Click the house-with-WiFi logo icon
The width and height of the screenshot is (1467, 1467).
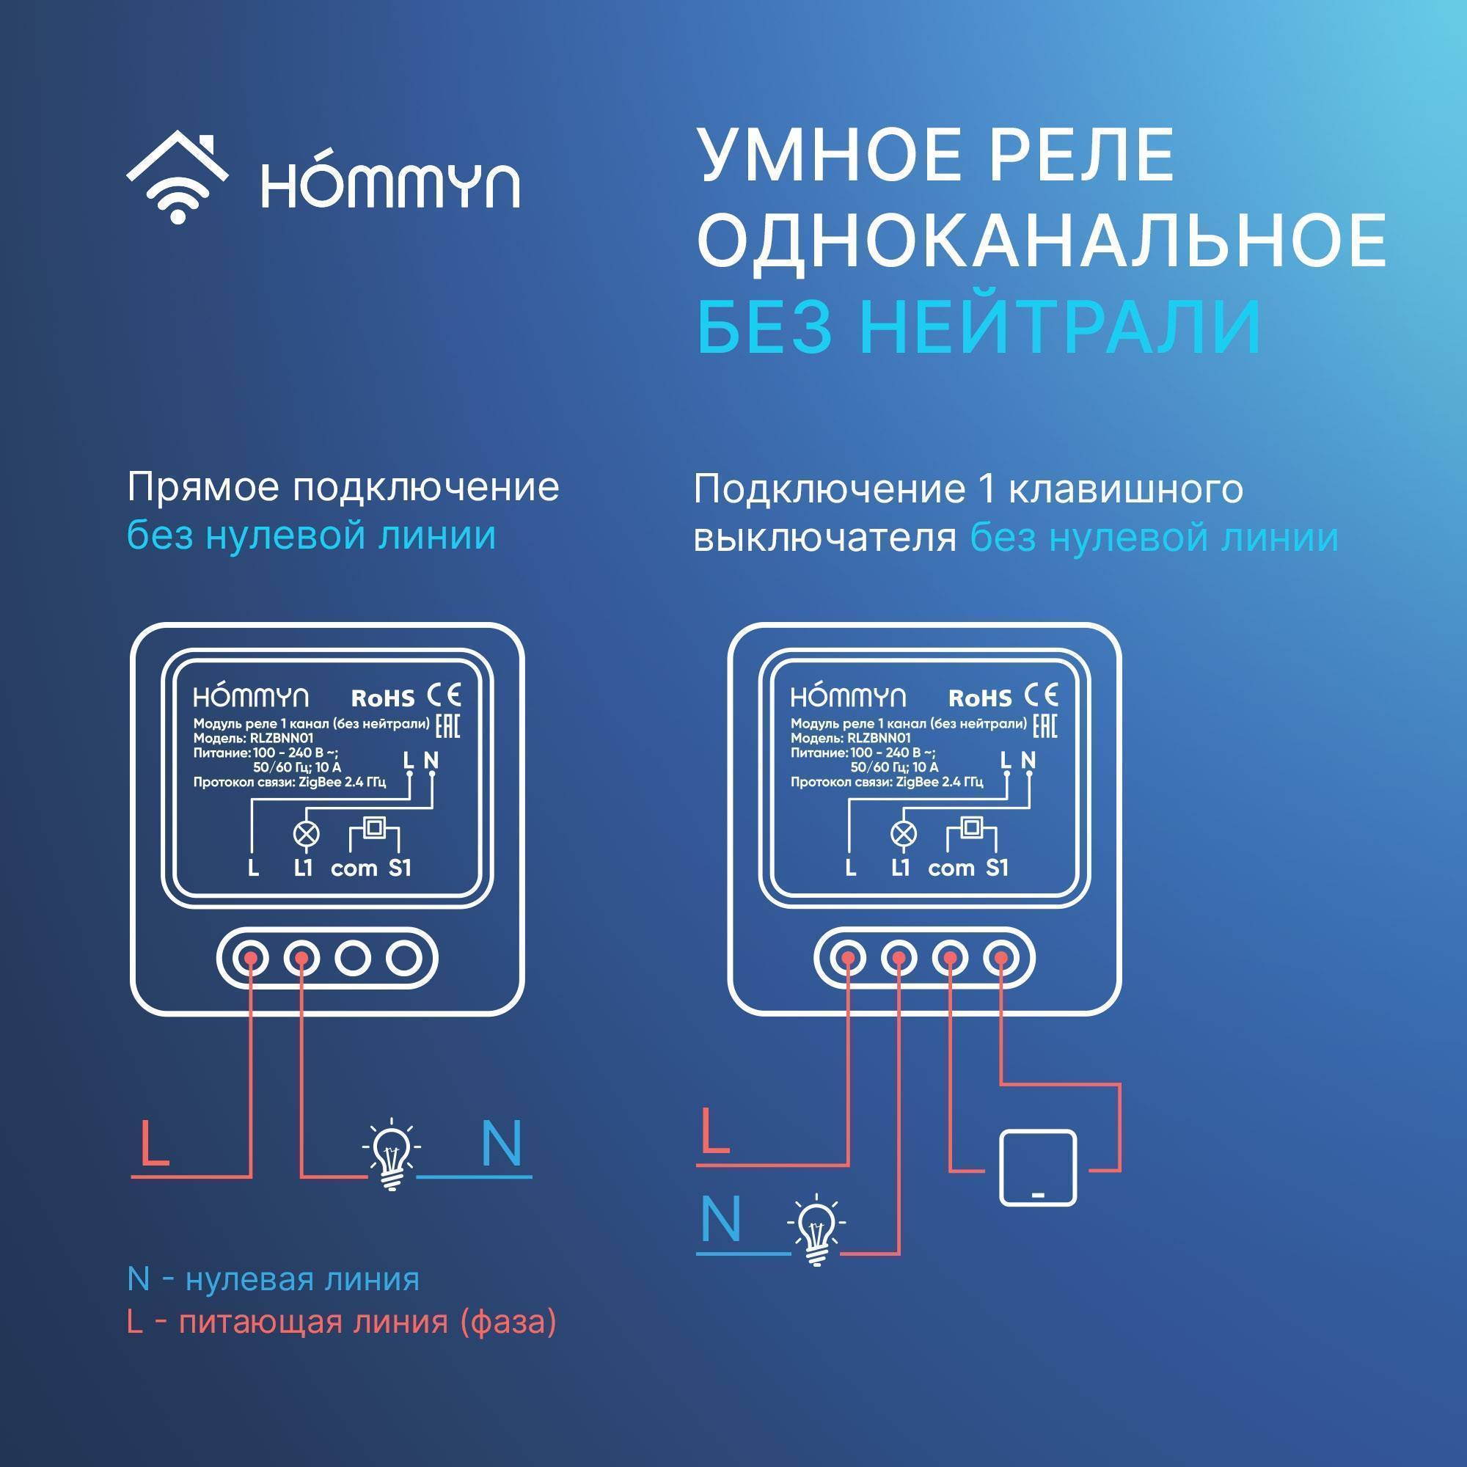coord(177,179)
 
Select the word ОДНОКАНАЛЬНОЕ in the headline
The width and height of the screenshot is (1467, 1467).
coord(1041,241)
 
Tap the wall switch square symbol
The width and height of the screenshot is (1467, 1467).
coord(1037,1167)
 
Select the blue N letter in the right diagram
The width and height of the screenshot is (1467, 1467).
coord(720,1220)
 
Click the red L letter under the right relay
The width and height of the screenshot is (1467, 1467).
coord(714,1131)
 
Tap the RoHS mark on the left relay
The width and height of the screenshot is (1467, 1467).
coord(383,698)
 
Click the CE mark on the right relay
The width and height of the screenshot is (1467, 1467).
coord(1041,695)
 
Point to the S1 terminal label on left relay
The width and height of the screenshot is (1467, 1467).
coord(400,868)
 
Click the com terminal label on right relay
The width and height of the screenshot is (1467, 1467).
coord(951,868)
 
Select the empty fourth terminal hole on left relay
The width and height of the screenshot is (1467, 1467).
coord(403,959)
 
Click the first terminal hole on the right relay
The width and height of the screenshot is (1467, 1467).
coord(848,959)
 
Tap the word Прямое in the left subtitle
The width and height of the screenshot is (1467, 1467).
coord(202,489)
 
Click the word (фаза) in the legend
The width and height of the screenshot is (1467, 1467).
coord(508,1322)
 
